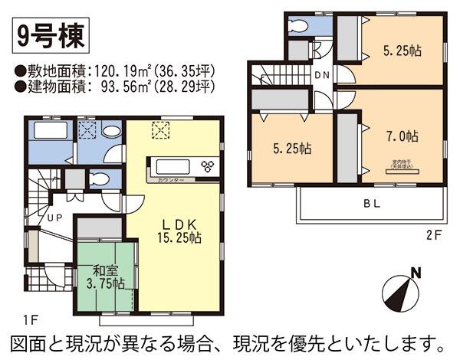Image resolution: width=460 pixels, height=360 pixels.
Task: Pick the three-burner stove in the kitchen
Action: (x=207, y=165)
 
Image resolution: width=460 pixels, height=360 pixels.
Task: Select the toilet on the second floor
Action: (x=298, y=26)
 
